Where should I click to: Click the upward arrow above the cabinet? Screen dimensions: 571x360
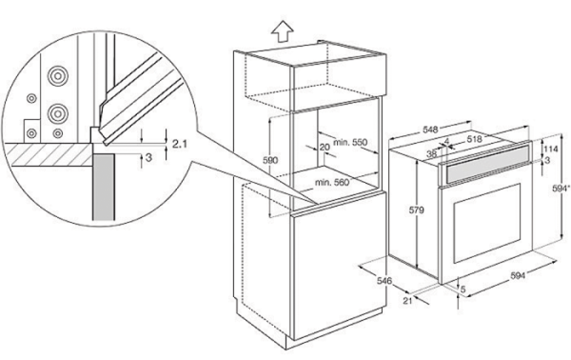pyautogui.click(x=283, y=31)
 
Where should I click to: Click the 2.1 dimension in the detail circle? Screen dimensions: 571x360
pyautogui.click(x=180, y=144)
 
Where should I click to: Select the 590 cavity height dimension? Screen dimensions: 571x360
pyautogui.click(x=270, y=160)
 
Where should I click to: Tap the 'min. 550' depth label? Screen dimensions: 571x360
pyautogui.click(x=350, y=142)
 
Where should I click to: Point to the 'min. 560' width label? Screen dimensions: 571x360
pyautogui.click(x=332, y=182)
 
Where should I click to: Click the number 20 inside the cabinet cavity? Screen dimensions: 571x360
pyautogui.click(x=325, y=148)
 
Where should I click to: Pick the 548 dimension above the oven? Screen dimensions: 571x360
pyautogui.click(x=430, y=130)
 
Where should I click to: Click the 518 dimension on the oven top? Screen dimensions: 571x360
pyautogui.click(x=475, y=139)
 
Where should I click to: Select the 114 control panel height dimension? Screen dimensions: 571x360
pyautogui.click(x=552, y=149)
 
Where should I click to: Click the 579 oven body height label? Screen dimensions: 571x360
pyautogui.click(x=416, y=210)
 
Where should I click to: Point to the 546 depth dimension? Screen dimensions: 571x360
pyautogui.click(x=384, y=281)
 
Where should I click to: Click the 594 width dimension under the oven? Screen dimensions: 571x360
pyautogui.click(x=518, y=276)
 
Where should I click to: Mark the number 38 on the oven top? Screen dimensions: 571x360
pyautogui.click(x=431, y=153)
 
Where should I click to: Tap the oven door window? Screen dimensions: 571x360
pyautogui.click(x=487, y=223)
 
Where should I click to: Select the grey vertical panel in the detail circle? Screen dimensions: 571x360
pyautogui.click(x=104, y=188)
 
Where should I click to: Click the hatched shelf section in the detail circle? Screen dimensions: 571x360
pyautogui.click(x=48, y=154)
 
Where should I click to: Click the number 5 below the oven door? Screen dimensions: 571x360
pyautogui.click(x=463, y=290)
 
